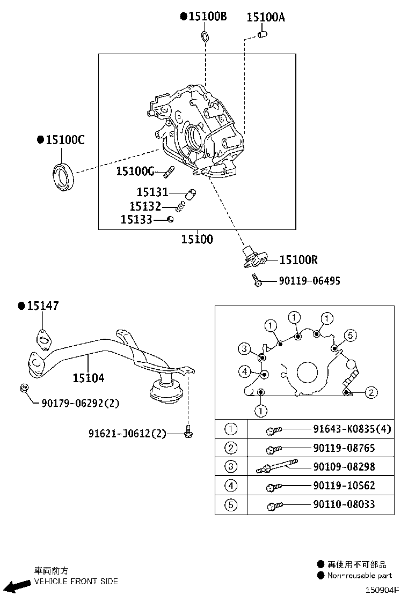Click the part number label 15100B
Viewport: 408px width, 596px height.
[207, 17]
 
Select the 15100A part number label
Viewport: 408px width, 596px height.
[266, 17]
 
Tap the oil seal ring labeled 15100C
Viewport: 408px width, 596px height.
[63, 175]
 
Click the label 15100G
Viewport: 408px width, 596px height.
[135, 172]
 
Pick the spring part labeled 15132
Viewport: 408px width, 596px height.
[184, 206]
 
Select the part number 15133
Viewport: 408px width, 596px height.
[136, 219]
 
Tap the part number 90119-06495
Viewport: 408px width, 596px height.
[309, 281]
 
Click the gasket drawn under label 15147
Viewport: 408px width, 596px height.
[43, 338]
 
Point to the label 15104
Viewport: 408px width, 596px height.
[89, 378]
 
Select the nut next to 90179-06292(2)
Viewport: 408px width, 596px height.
[24, 389]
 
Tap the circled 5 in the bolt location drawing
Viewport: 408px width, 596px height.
[349, 336]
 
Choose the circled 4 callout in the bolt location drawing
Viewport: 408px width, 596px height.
[244, 371]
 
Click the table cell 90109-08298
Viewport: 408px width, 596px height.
[344, 467]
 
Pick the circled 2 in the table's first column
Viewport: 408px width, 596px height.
[231, 448]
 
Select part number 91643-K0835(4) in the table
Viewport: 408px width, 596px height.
[352, 429]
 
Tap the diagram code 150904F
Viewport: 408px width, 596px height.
[383, 590]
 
